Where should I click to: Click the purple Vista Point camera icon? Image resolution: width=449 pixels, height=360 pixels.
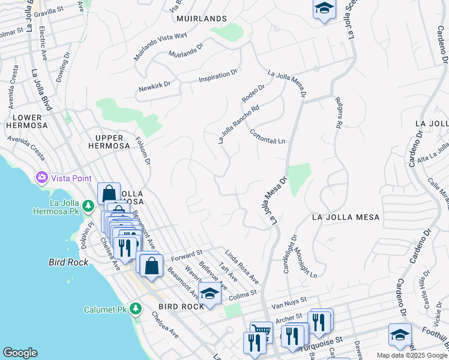click(42, 178)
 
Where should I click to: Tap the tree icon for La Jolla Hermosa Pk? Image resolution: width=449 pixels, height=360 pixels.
click(88, 206)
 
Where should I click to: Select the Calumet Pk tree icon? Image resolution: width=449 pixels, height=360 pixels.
click(136, 308)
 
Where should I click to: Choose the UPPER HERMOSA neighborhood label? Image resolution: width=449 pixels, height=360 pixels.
click(109, 141)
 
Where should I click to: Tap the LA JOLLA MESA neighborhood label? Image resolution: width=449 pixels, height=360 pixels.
click(345, 217)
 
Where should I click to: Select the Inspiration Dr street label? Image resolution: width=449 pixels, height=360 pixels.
click(218, 76)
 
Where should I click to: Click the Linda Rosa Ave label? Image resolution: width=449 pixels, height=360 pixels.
click(242, 267)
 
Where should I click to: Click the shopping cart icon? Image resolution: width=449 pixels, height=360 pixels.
click(261, 331)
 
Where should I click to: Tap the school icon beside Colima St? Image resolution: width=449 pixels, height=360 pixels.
click(209, 293)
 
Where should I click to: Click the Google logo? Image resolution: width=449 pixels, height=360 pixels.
click(20, 353)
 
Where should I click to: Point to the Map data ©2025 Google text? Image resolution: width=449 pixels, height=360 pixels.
click(412, 355)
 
